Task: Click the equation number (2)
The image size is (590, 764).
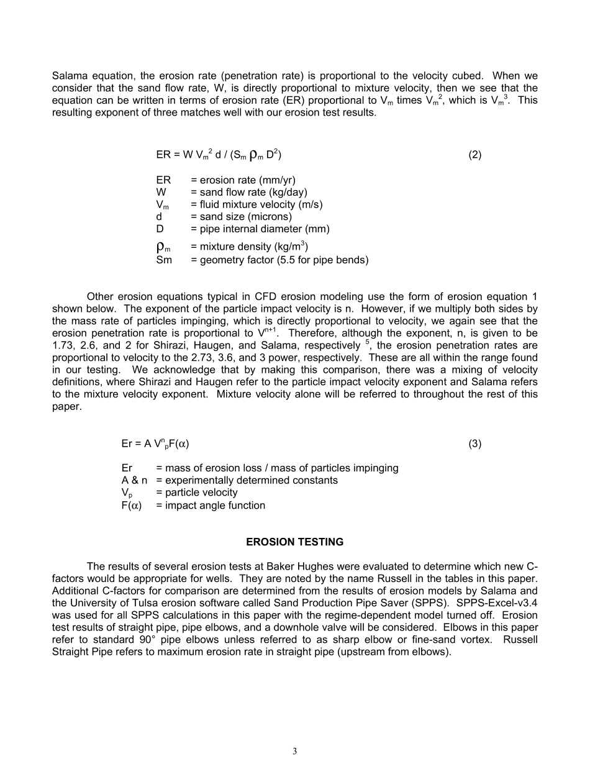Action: click(474, 155)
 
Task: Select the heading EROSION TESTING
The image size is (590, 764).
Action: click(294, 542)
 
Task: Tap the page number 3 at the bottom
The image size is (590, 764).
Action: click(294, 751)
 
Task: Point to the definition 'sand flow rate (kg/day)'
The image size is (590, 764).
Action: click(248, 192)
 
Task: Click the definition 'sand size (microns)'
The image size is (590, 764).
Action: click(241, 217)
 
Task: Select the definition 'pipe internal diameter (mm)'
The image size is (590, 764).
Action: click(260, 229)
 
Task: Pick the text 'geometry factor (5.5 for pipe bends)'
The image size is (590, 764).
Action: click(279, 260)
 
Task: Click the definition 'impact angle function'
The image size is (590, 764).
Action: click(211, 505)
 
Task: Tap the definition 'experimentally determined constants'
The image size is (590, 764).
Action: click(247, 480)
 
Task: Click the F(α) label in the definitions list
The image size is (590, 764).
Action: click(132, 505)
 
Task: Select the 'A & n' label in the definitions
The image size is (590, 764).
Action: click(135, 480)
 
